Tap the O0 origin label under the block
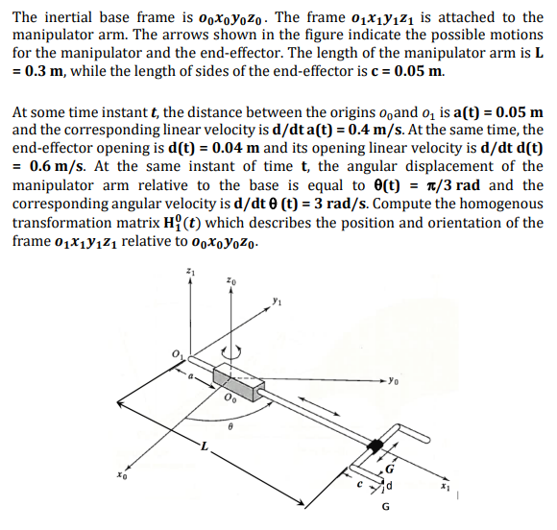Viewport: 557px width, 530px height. (230, 397)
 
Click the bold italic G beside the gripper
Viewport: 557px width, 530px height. (389, 469)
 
